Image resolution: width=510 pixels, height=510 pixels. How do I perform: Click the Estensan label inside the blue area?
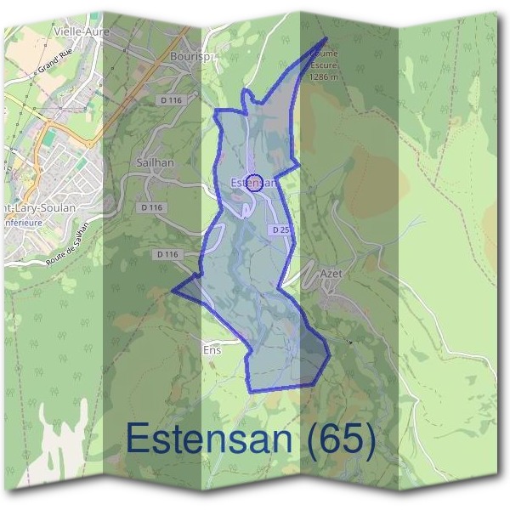pos(250,182)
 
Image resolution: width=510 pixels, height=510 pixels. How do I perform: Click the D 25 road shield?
pos(281,229)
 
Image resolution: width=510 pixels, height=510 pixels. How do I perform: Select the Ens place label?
pos(212,349)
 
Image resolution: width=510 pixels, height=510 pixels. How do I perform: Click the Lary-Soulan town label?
pos(38,207)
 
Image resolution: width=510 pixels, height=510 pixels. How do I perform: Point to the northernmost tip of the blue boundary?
pos(326,37)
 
